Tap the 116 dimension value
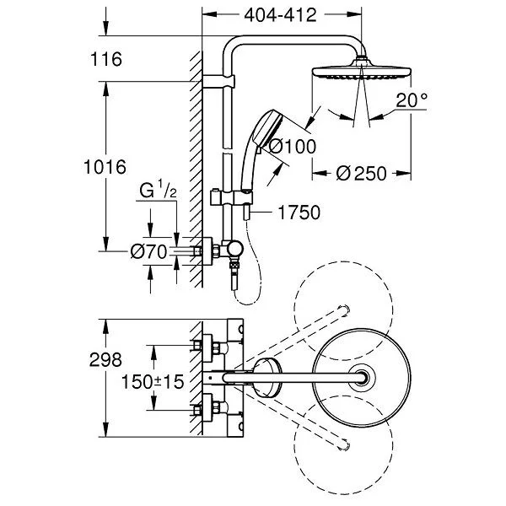click(108, 60)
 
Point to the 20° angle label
click(412, 102)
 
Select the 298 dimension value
click(108, 360)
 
